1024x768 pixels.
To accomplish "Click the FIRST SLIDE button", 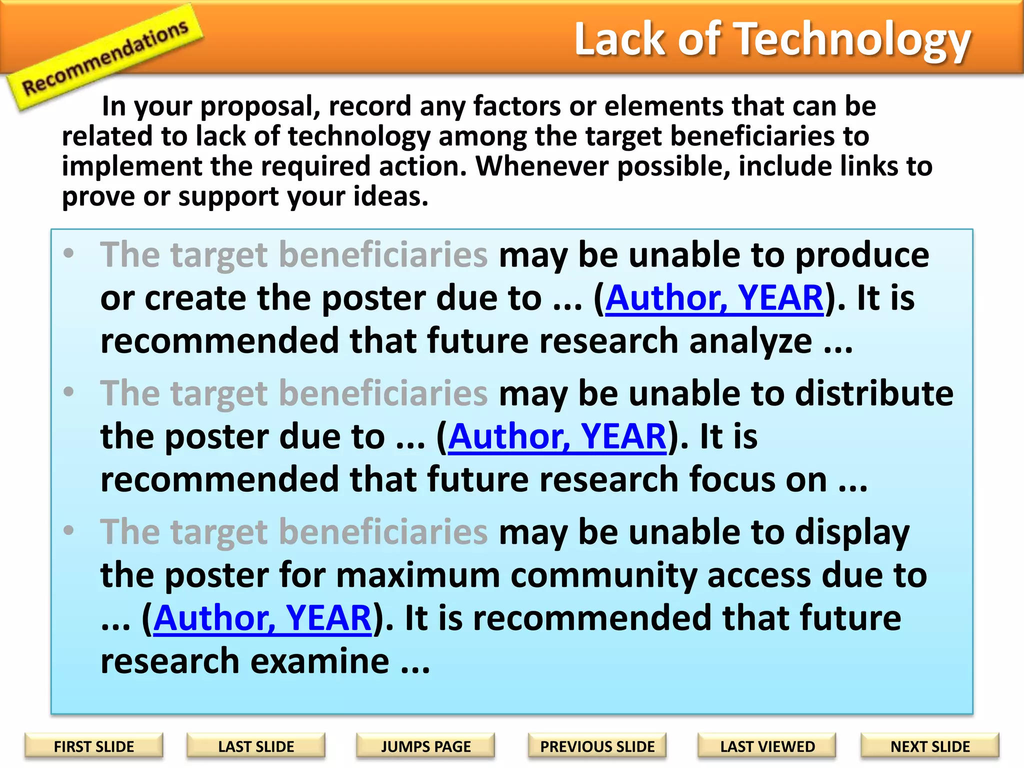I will (x=94, y=746).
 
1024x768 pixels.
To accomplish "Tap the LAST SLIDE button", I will (x=256, y=746).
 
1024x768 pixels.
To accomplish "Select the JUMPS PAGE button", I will (x=425, y=746).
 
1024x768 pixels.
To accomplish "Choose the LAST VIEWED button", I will (x=767, y=746).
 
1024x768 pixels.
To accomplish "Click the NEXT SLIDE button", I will (x=930, y=746).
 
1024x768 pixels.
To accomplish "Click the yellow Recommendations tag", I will (x=105, y=57).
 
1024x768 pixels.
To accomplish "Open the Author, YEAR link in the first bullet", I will (x=714, y=298).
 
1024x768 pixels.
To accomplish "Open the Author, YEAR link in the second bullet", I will (x=557, y=437).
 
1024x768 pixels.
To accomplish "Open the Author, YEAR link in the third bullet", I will (x=262, y=618).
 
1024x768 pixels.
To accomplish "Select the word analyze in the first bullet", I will (x=750, y=342).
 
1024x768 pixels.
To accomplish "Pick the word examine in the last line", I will (x=319, y=661).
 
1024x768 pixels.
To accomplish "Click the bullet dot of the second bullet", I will (x=69, y=391).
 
